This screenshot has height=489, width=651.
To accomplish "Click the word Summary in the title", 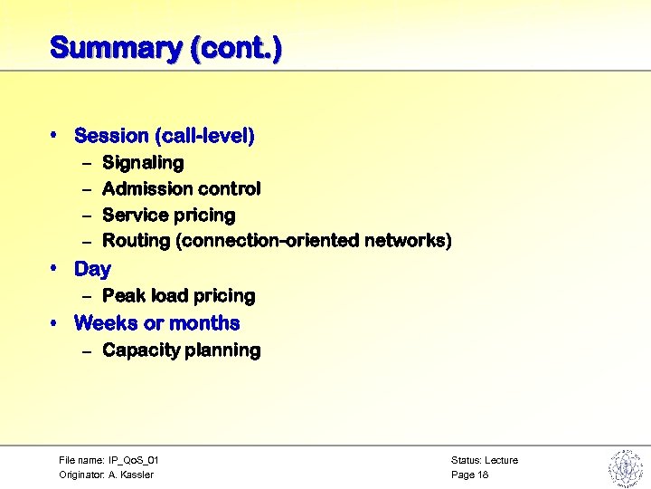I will [x=115, y=47].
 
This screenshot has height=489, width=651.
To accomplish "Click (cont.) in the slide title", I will [x=235, y=47].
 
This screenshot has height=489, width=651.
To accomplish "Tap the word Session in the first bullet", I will [x=111, y=136].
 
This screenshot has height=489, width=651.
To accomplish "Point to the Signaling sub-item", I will [x=143, y=163].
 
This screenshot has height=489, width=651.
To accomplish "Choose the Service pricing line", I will [x=168, y=216].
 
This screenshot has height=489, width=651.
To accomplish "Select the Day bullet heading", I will [x=92, y=269].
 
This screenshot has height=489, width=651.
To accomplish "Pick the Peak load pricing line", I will [x=179, y=296].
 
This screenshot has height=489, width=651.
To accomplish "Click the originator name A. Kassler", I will [x=132, y=475].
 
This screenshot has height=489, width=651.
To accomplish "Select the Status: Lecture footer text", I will [x=484, y=461].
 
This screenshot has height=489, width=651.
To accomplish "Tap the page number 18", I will [x=483, y=475].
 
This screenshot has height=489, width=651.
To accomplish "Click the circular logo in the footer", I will [x=625, y=467].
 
